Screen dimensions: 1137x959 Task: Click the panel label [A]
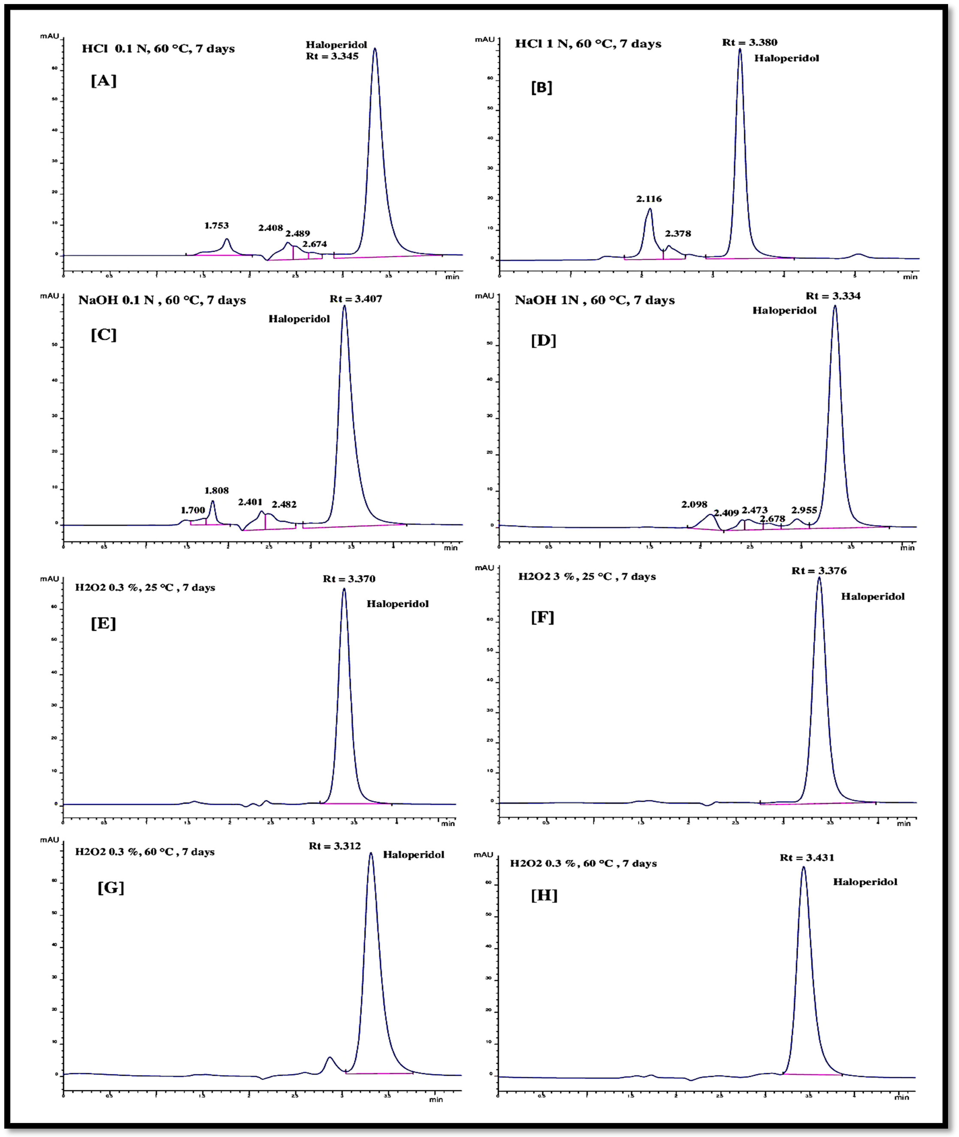[x=103, y=81]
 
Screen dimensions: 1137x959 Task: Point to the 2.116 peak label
[x=649, y=199]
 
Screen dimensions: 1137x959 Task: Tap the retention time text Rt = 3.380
[x=750, y=42]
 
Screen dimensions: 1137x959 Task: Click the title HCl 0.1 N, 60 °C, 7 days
[x=158, y=49]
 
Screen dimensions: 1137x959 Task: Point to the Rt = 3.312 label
[x=335, y=846]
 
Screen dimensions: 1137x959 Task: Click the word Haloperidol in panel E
[x=397, y=604]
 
